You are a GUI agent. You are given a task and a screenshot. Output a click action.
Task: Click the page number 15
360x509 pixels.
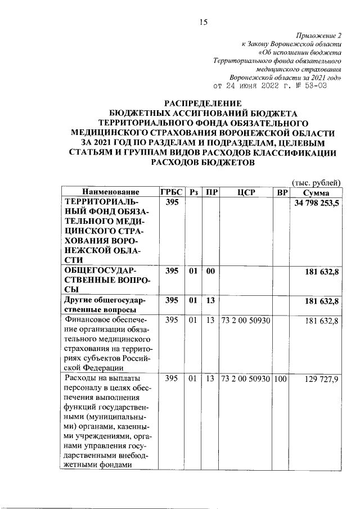coord(204,22)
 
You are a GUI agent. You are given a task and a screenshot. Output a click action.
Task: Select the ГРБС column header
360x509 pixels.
coord(172,192)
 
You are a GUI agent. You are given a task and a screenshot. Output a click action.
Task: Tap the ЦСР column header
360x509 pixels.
coord(246,192)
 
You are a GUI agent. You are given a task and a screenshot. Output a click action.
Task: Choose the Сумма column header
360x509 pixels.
coord(316,192)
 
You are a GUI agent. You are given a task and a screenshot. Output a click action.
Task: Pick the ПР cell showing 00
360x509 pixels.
coord(211,272)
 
